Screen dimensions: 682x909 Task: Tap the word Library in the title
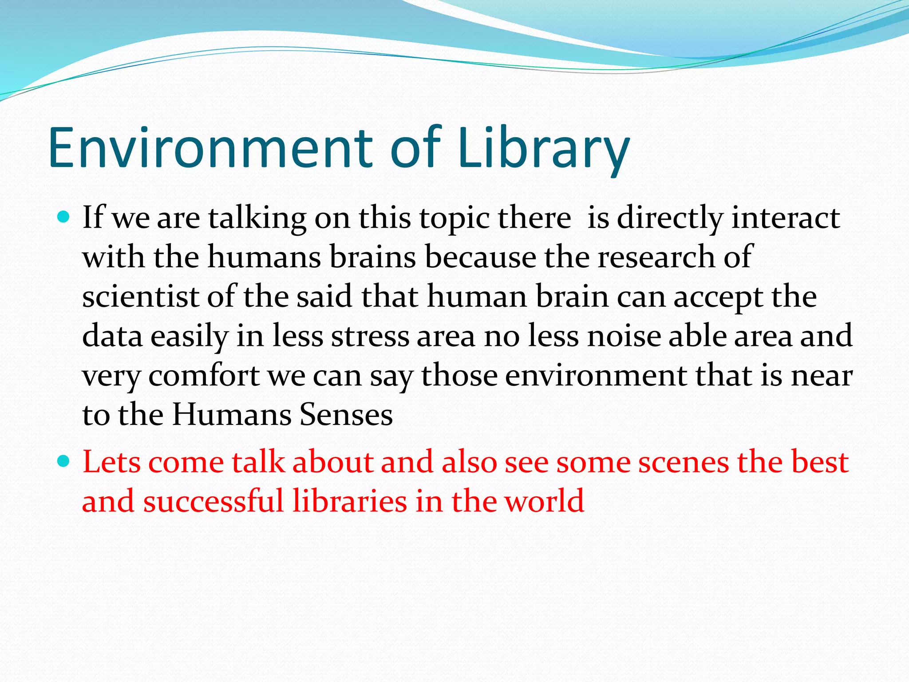[x=543, y=148]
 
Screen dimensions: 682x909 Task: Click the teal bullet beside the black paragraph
[x=64, y=217]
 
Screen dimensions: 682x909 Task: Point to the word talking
[x=257, y=218]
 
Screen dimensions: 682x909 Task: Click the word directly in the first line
[x=670, y=218]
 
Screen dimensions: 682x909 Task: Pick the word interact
[x=786, y=218]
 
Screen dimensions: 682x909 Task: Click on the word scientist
[x=140, y=297]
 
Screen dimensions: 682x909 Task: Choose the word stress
[x=370, y=336]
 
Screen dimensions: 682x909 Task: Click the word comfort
[x=204, y=376]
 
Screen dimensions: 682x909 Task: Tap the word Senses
[x=346, y=415]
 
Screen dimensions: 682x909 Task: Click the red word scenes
[x=684, y=462]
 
